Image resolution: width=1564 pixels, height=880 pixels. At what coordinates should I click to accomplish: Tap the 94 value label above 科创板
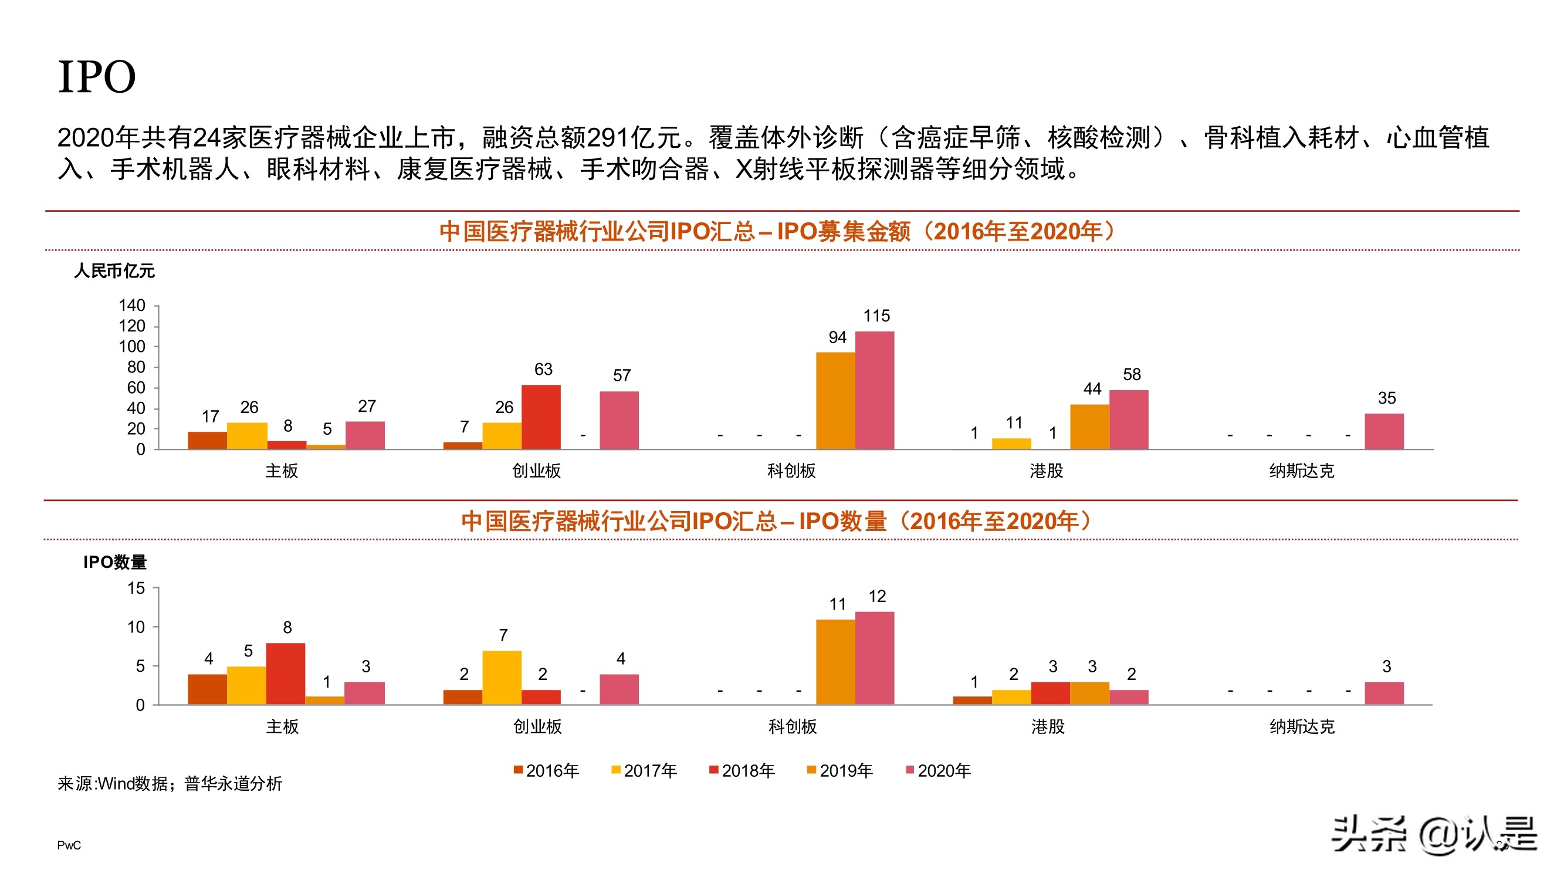pyautogui.click(x=837, y=338)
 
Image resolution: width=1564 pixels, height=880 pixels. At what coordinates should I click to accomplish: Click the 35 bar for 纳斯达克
pyautogui.click(x=1384, y=431)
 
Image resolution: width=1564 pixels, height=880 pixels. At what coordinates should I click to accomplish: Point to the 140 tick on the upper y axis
pyautogui.click(x=132, y=306)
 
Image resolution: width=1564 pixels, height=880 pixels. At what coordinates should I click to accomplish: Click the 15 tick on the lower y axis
pyautogui.click(x=136, y=588)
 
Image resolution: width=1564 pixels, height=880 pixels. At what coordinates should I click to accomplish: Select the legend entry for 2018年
pyautogui.click(x=742, y=771)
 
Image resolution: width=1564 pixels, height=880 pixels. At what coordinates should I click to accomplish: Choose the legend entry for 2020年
pyautogui.click(x=938, y=771)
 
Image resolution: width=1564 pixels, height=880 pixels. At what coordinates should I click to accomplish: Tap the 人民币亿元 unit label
pyautogui.click(x=114, y=271)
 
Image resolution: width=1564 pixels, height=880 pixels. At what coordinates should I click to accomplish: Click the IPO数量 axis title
pyautogui.click(x=115, y=563)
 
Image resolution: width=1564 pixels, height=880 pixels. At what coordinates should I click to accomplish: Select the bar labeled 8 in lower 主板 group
pyautogui.click(x=285, y=673)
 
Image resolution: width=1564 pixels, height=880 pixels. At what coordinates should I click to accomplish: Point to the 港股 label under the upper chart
pyautogui.click(x=1046, y=471)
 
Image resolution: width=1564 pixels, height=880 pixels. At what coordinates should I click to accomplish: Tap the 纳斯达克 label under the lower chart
pyautogui.click(x=1302, y=726)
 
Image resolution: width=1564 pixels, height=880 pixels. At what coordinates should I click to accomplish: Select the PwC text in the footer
pyautogui.click(x=69, y=845)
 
